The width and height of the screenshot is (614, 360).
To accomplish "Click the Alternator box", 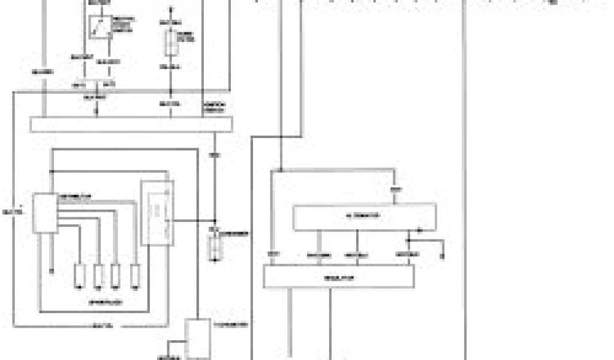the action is tap(364, 217).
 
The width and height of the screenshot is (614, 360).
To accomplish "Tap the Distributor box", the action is tap(44, 213).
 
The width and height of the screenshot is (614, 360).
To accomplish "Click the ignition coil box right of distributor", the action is tap(157, 212).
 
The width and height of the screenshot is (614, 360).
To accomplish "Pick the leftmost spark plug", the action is tap(79, 275).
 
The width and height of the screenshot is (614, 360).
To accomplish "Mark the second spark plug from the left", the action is tap(98, 275).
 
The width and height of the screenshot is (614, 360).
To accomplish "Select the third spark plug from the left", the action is tap(116, 275).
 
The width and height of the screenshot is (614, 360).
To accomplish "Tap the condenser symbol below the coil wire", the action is tap(212, 247).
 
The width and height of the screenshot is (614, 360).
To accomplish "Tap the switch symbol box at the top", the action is tap(99, 26).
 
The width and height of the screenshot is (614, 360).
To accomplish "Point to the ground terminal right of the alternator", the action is tap(443, 255).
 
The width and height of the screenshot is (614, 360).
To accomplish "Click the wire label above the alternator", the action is tap(395, 190).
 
